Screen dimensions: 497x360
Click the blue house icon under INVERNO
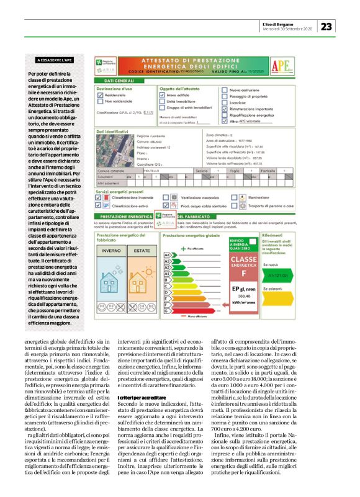coord(112,273)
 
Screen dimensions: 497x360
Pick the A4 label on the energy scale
coord(166,255)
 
